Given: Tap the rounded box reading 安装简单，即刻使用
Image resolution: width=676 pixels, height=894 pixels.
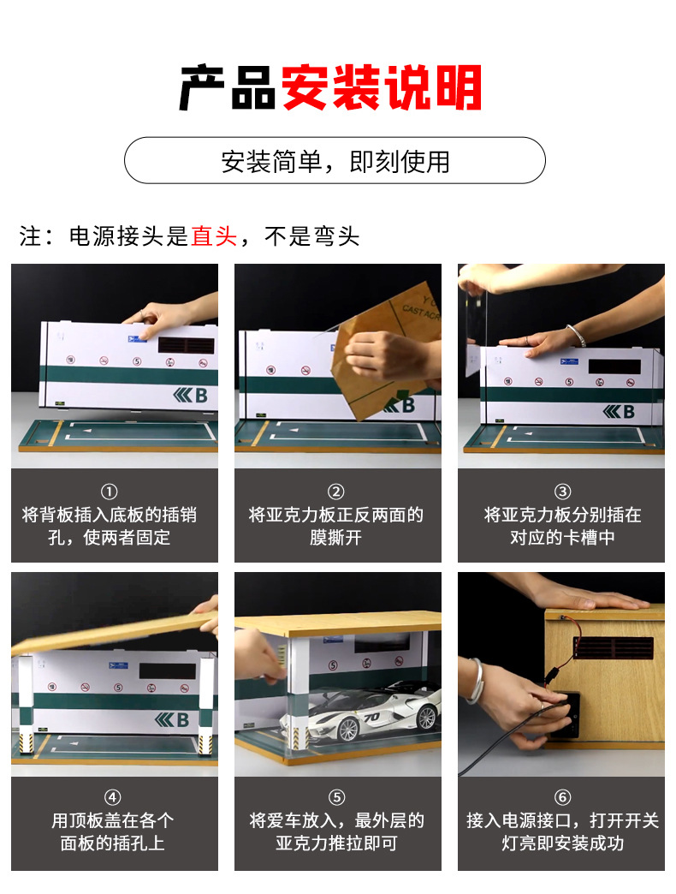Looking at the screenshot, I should (x=335, y=160).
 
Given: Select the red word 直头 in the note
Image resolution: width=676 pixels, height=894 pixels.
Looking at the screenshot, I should (x=214, y=236).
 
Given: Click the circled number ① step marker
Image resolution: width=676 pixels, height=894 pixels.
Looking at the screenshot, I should (x=109, y=492).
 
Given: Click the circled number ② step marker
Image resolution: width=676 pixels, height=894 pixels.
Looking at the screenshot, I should (x=336, y=492).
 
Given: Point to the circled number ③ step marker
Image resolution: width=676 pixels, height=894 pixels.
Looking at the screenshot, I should (x=562, y=492).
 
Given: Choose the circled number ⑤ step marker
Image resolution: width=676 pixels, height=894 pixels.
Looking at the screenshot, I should (x=336, y=798).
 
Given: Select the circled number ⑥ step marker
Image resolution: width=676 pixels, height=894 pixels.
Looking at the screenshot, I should (x=562, y=798).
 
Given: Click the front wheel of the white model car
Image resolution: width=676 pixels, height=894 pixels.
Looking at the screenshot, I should (x=347, y=730).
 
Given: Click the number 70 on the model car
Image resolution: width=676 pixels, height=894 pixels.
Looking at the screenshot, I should (x=372, y=717).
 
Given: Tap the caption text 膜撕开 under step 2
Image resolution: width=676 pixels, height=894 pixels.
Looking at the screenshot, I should (x=336, y=539).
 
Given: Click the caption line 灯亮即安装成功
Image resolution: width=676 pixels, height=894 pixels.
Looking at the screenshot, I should (x=562, y=843).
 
